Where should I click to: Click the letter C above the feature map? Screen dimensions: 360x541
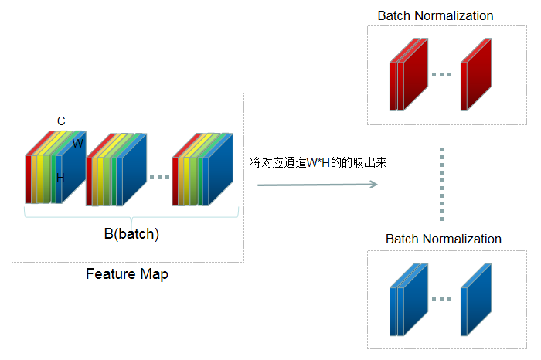(61, 121)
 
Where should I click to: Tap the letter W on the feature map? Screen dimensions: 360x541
(78, 143)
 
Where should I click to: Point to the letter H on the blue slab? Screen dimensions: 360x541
(60, 177)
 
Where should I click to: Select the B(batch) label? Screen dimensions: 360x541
(131, 234)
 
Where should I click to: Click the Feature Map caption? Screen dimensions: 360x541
(127, 274)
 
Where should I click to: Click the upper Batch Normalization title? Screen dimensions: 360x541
(435, 15)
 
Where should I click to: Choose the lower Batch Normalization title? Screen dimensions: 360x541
(444, 239)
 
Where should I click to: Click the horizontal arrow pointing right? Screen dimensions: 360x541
(317, 185)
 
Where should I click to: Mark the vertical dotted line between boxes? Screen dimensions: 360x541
(441, 182)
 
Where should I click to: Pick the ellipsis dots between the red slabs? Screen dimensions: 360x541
(441, 75)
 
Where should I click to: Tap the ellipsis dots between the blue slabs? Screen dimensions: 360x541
(441, 299)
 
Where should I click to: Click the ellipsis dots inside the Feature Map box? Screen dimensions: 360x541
(159, 178)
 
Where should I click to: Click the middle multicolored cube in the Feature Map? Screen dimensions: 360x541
(115, 170)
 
